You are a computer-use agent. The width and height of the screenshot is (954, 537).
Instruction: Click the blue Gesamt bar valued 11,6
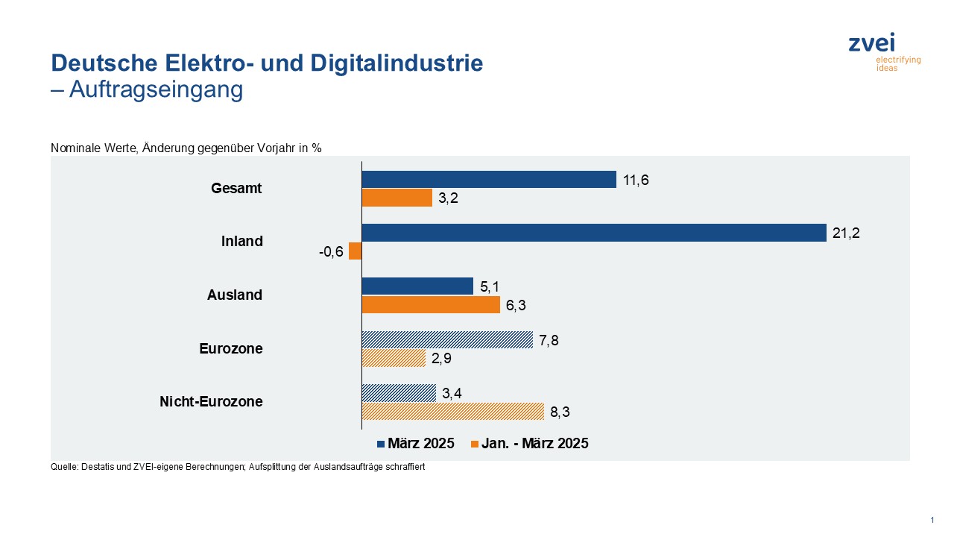click(x=489, y=180)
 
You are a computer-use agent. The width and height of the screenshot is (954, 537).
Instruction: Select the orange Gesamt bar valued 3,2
click(x=397, y=198)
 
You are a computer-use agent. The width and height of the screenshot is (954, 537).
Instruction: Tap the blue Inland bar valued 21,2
click(x=594, y=233)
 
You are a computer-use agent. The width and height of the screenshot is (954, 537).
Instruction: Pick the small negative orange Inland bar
click(x=356, y=251)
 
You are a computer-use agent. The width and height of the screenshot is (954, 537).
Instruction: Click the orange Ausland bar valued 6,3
click(x=431, y=304)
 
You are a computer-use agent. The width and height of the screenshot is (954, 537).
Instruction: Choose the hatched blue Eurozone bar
click(x=447, y=340)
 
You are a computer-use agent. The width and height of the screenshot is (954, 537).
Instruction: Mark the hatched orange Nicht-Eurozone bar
click(x=453, y=411)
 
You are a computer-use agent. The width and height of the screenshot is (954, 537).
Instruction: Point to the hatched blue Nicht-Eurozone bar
click(x=399, y=393)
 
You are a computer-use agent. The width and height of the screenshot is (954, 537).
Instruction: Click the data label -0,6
click(x=330, y=251)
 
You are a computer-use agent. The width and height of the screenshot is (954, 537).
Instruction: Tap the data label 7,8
click(x=548, y=340)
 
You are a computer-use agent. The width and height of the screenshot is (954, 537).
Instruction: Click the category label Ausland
click(x=235, y=295)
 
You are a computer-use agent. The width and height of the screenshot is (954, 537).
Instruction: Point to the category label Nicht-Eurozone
click(x=211, y=402)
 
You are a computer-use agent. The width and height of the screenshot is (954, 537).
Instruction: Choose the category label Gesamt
click(x=236, y=189)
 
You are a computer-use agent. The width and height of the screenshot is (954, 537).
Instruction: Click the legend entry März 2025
click(x=416, y=444)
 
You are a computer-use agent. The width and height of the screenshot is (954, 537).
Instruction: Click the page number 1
click(x=932, y=520)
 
